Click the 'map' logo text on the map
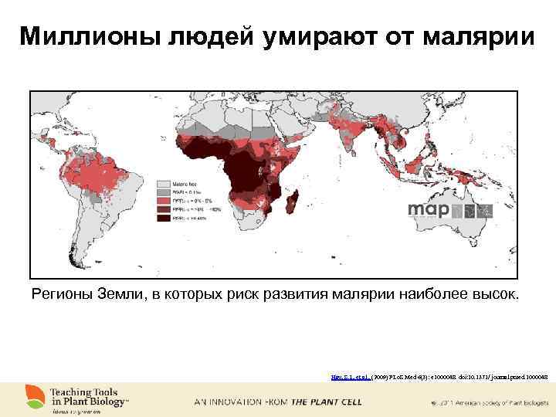coord(429,209)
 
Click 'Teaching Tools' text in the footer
coord(83,392)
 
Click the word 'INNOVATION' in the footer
coord(237,403)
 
